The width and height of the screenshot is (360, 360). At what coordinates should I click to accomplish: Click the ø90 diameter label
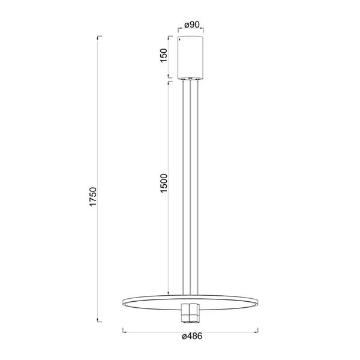pos(191,25)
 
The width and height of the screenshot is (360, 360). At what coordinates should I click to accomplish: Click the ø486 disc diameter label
pos(191,337)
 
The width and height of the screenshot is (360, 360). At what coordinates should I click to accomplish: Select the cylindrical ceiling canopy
pos(191,58)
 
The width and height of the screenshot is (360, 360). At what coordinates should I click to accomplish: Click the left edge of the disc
pos(124,301)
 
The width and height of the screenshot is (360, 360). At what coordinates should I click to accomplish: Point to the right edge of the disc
pos(258,301)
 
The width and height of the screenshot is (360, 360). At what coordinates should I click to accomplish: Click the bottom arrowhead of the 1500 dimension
pos(169,294)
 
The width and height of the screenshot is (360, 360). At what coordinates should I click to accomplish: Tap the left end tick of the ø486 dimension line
pos(123,329)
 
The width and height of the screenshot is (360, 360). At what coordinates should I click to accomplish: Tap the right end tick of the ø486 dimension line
pos(259,329)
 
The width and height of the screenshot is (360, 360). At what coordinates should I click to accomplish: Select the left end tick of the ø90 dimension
pos(179,30)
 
